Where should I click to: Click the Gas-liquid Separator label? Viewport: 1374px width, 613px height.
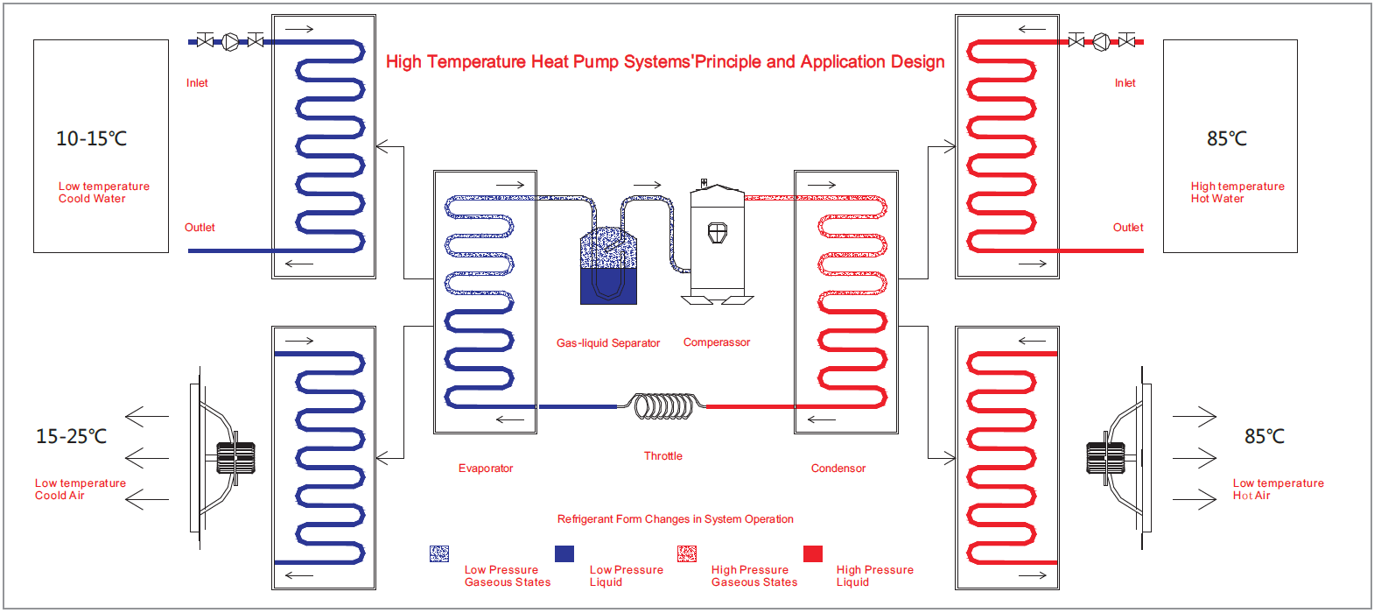click(x=608, y=343)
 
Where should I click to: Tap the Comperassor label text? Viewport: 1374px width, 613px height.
click(x=717, y=342)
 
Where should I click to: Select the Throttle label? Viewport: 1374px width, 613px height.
click(x=663, y=456)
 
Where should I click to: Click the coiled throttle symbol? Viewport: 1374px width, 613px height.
click(x=664, y=406)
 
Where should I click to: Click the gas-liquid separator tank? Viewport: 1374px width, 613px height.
click(x=608, y=266)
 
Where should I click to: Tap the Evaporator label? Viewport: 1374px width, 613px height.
click(x=486, y=469)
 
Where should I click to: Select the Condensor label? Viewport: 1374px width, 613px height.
click(x=838, y=469)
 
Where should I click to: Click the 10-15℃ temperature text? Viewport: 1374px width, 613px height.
click(x=91, y=138)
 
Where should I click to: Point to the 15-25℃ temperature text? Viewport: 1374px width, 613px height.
click(x=71, y=436)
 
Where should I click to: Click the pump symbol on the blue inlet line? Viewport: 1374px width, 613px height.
click(x=230, y=41)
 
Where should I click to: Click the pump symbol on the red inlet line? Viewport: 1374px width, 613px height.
click(x=1102, y=41)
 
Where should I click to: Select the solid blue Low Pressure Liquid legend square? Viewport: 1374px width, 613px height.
click(x=564, y=553)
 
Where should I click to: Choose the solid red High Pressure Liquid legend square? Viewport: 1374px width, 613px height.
click(x=813, y=553)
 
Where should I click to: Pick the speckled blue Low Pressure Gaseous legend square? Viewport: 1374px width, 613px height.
click(x=439, y=553)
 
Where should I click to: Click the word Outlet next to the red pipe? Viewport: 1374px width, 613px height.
click(x=1128, y=228)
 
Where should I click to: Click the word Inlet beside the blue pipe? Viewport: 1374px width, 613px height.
click(x=197, y=83)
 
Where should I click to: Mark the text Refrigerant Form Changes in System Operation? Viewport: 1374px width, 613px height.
click(x=676, y=519)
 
